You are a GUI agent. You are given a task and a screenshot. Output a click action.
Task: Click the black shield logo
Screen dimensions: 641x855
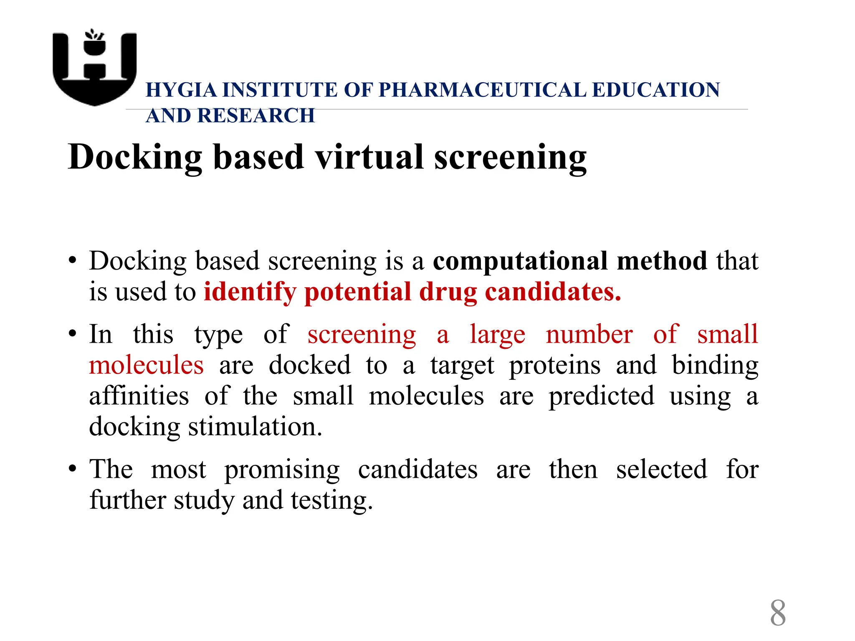pyautogui.click(x=95, y=69)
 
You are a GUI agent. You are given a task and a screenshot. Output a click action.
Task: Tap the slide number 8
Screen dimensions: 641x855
pyautogui.click(x=778, y=613)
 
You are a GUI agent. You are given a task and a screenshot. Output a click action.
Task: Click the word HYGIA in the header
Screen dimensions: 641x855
pyautogui.click(x=181, y=90)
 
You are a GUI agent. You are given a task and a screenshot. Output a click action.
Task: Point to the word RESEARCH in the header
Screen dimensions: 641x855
pyautogui.click(x=256, y=116)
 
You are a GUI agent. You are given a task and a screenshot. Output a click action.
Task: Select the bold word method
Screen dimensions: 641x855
pyautogui.click(x=662, y=261)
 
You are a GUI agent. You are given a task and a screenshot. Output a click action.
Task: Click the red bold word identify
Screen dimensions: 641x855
pyautogui.click(x=250, y=292)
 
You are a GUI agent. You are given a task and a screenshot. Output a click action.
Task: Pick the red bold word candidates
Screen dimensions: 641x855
pyautogui.click(x=553, y=292)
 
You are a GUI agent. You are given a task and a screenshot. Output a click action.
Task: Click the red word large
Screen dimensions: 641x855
pyautogui.click(x=497, y=335)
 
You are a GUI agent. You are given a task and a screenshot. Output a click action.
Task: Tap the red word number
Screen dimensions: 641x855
pyautogui.click(x=589, y=334)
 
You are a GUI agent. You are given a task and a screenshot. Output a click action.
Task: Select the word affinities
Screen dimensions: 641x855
pyautogui.click(x=139, y=396)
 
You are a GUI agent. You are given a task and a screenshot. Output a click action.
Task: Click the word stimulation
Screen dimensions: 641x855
pyautogui.click(x=255, y=427)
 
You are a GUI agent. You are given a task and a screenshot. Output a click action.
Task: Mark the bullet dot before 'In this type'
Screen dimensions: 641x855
pyautogui.click(x=73, y=334)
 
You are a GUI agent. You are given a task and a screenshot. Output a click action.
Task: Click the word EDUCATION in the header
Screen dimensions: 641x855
pyautogui.click(x=656, y=90)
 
